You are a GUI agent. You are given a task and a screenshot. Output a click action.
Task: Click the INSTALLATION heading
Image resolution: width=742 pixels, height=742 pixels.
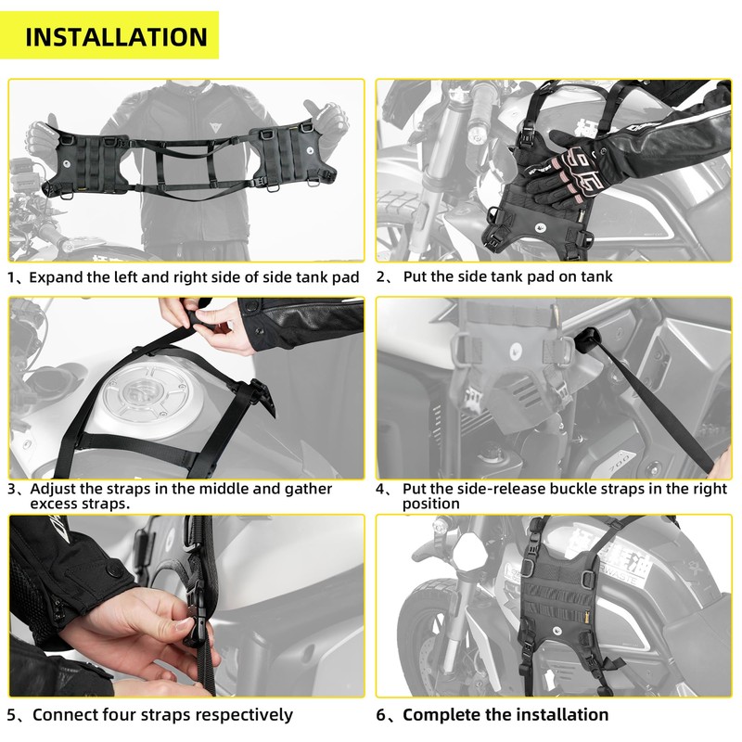click(116, 37)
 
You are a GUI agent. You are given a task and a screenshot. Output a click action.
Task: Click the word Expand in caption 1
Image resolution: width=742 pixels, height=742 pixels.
click(58, 276)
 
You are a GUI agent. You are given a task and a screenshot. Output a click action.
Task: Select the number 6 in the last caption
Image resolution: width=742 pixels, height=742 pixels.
click(382, 714)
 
